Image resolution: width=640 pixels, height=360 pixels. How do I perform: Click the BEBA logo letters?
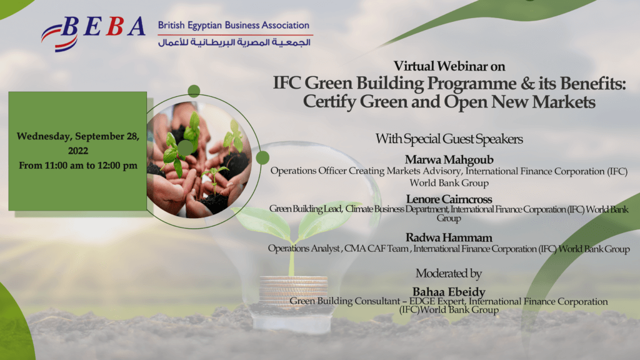point(103,27)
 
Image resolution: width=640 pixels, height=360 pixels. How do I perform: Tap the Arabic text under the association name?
point(234,42)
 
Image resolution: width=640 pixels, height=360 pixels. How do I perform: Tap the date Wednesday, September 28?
point(78,136)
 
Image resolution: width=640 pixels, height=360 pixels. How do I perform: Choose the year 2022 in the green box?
point(78,151)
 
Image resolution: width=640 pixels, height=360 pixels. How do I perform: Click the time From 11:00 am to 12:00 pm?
point(78,166)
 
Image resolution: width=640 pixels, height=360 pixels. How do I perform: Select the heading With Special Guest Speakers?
point(449,138)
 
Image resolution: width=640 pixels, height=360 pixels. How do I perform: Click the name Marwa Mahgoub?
point(449,159)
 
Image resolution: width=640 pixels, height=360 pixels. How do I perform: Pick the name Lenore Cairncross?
point(449,199)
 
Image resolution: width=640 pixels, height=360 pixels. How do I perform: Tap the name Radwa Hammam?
point(449,239)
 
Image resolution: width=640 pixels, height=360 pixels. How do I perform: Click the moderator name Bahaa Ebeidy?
point(449,292)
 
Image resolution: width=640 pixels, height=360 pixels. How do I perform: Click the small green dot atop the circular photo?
point(194,91)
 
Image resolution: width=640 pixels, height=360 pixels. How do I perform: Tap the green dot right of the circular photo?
point(262,157)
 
